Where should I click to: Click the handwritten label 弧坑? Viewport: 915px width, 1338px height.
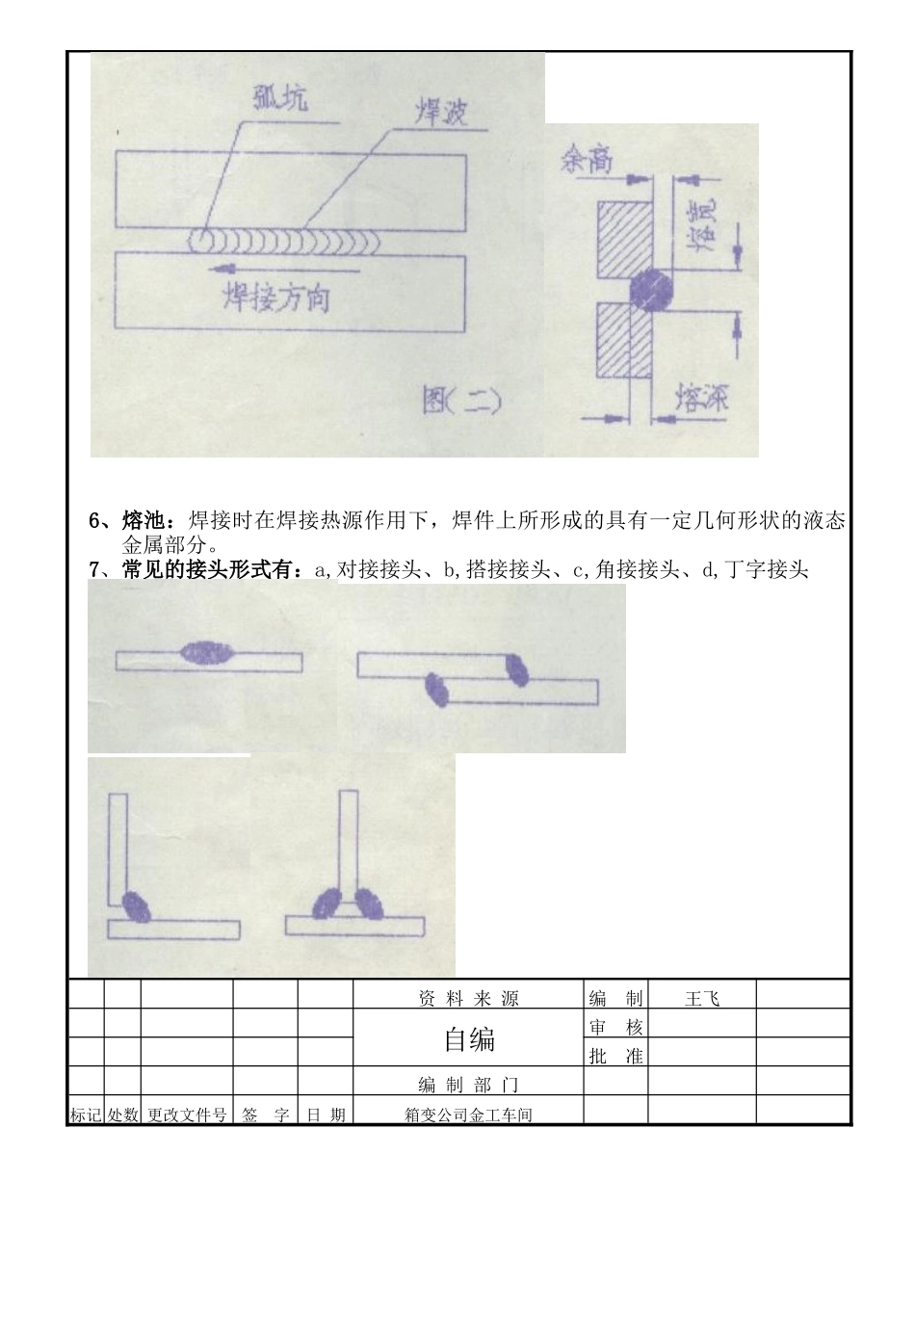pos(281,98)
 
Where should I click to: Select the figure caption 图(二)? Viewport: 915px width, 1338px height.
pos(461,400)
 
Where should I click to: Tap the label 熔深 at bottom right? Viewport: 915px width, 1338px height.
pos(702,398)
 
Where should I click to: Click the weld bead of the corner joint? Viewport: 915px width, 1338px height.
pos(138,905)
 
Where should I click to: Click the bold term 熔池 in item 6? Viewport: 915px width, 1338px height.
pos(145,521)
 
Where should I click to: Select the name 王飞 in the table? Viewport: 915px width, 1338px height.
pos(701,999)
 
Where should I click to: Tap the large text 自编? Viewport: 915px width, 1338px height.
pos(469,1039)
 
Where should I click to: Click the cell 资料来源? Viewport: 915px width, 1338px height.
pos(469,999)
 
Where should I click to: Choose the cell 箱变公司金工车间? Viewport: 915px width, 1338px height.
pos(469,1115)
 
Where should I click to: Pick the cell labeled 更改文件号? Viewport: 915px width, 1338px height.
pos(187,1115)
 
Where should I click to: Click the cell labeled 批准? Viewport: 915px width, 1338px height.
pos(615,1056)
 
